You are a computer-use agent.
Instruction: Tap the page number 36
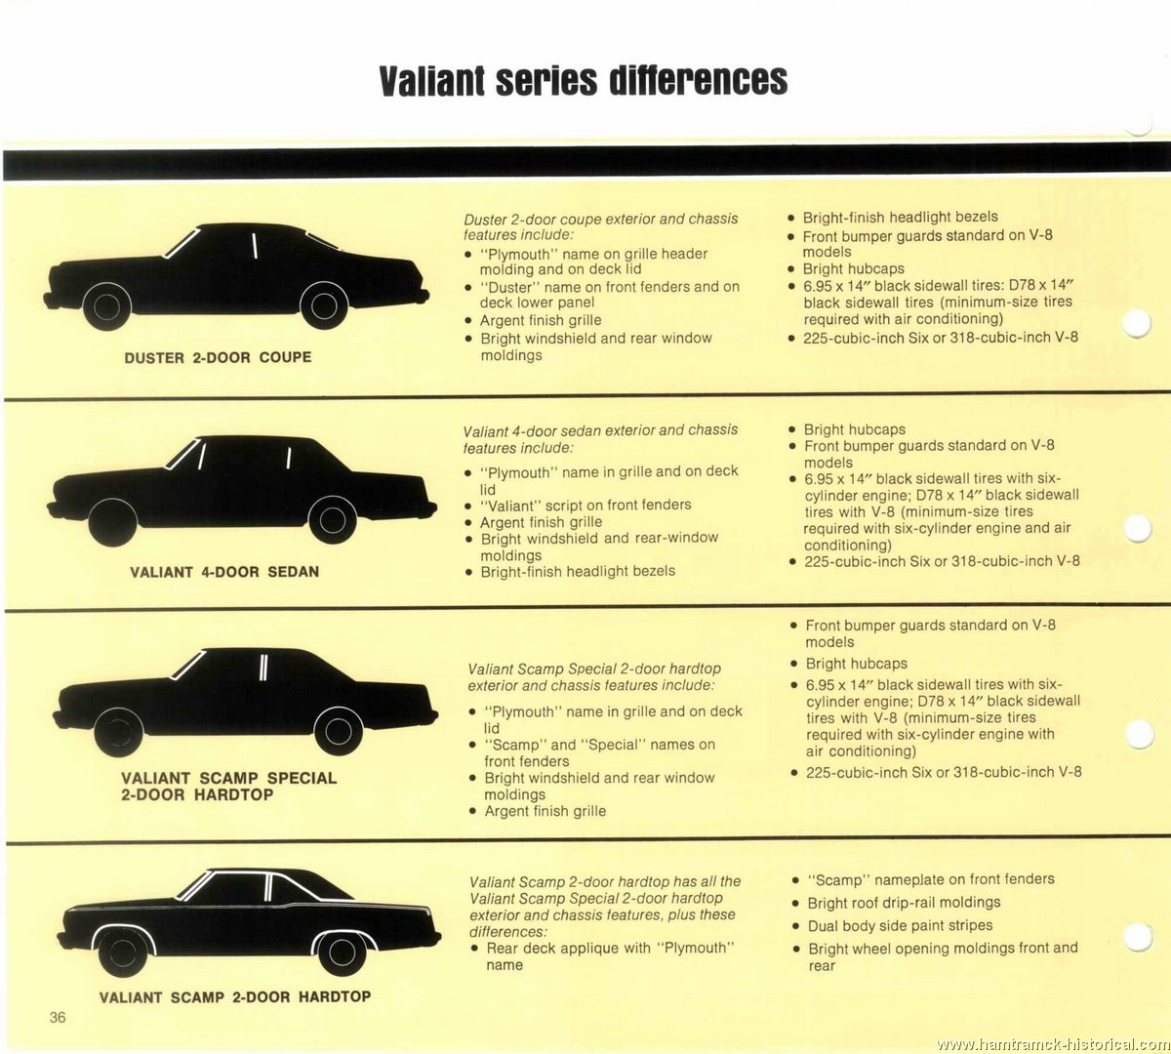tap(58, 1017)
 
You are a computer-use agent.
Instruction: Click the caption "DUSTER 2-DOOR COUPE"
tap(218, 357)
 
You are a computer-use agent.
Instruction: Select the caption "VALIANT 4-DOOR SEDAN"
tap(224, 572)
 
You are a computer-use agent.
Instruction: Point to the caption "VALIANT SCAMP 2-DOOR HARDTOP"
tap(235, 996)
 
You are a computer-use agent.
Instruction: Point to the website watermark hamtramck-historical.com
tap(1052, 1044)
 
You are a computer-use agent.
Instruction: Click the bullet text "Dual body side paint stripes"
tap(900, 925)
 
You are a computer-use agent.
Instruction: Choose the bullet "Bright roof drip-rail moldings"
tap(904, 903)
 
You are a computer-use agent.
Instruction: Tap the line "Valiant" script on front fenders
tap(585, 505)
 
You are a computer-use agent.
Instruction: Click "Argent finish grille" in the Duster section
tap(541, 320)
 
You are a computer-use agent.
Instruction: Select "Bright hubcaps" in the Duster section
tap(854, 268)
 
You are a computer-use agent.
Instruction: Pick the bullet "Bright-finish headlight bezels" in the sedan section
tap(578, 571)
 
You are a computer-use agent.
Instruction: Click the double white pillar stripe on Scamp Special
tap(263, 668)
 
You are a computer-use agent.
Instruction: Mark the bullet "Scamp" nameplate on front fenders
tap(931, 879)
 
